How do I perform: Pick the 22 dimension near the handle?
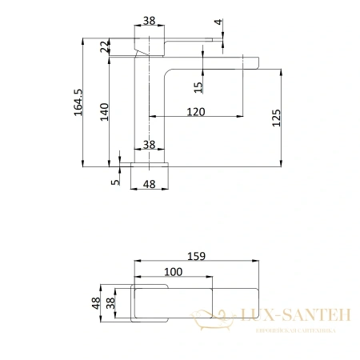(x=103, y=49)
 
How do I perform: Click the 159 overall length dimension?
(x=197, y=256)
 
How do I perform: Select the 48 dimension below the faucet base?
(x=149, y=184)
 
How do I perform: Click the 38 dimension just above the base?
(x=149, y=145)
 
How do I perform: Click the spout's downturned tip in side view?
(x=255, y=62)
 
